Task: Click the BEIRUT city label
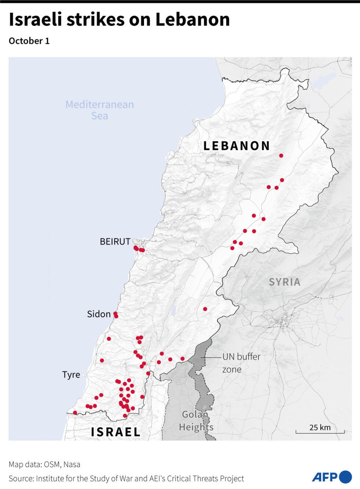115,242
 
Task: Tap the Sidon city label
98,314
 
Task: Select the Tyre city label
71,375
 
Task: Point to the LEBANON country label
237,146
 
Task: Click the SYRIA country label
284,282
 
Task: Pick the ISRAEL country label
116,432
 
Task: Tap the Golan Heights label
196,421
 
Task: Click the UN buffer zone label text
241,363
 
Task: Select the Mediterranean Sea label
100,110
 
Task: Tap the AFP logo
332,477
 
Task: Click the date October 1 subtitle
29,41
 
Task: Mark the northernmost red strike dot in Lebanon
281,156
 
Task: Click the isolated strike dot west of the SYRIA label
205,309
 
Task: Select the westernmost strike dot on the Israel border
75,413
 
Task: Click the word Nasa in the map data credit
72,464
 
